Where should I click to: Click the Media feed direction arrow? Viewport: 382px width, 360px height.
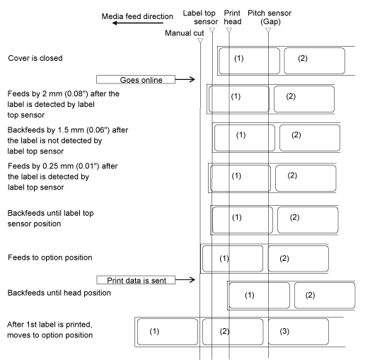click(138, 23)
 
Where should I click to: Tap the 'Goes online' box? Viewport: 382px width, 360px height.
click(136, 80)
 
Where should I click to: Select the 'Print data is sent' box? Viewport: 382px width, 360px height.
click(136, 280)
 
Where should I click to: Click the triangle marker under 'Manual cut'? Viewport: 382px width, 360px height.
click(200, 41)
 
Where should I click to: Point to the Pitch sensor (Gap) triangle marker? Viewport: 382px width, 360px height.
click(268, 30)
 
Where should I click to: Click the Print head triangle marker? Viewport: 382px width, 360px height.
click(229, 30)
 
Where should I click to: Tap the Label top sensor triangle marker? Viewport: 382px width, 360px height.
click(212, 30)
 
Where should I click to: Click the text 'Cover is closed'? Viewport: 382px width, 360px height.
click(35, 58)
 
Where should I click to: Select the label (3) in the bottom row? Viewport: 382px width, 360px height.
click(299, 332)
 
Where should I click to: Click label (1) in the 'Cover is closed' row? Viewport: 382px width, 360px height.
click(250, 61)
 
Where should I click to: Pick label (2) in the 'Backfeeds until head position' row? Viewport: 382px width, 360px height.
click(325, 296)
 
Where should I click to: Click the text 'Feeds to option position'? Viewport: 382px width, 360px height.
click(50, 257)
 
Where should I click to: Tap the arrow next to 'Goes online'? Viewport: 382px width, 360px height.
click(185, 79)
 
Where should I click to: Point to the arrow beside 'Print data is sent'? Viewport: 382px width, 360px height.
click(185, 280)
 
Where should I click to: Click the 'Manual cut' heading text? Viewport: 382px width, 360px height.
click(185, 33)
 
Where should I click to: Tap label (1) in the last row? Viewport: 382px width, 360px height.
click(168, 332)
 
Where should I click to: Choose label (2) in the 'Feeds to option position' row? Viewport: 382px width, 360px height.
click(299, 259)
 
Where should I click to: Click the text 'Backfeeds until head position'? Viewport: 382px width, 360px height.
click(59, 293)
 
